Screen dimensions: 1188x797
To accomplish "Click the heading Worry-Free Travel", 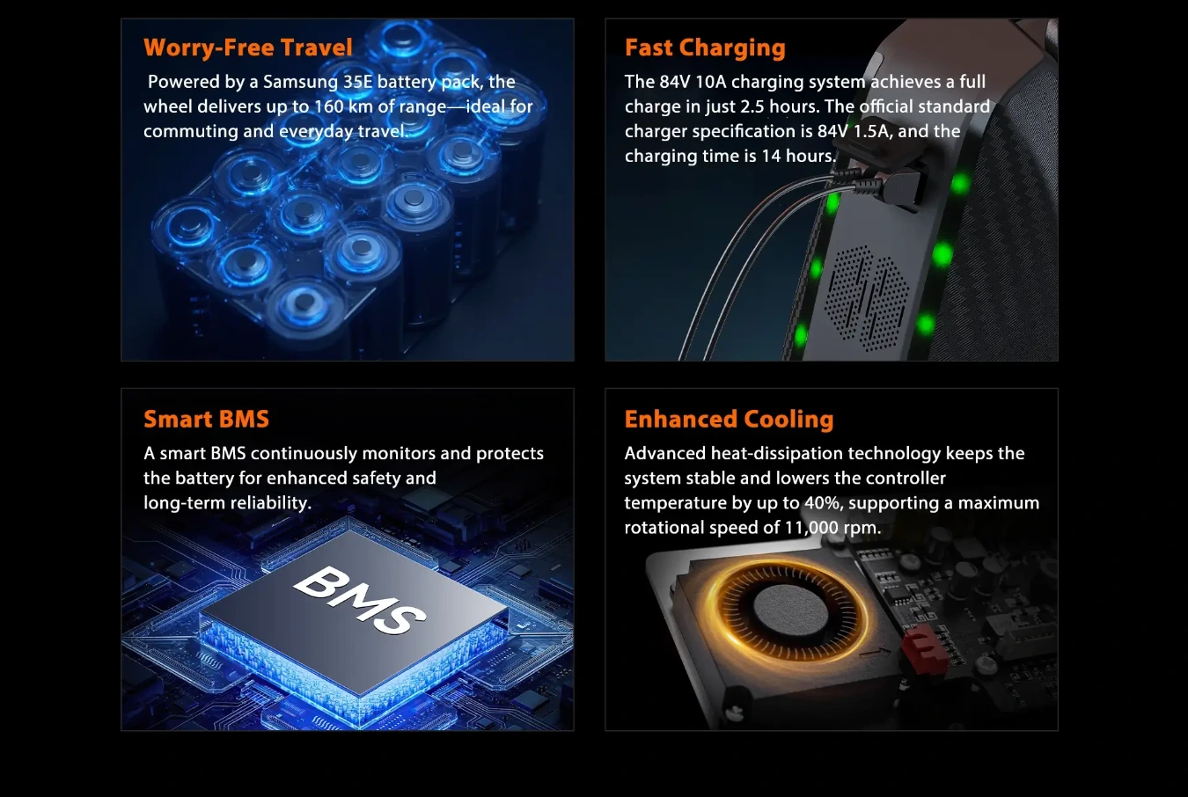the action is click(x=247, y=48).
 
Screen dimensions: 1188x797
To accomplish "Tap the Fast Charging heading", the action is click(x=705, y=48).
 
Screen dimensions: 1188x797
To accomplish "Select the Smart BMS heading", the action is click(x=206, y=419).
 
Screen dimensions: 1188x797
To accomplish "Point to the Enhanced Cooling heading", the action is click(x=729, y=420).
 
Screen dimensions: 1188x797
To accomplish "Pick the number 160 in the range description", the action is click(x=329, y=106).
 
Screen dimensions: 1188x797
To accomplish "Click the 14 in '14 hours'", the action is click(x=771, y=156).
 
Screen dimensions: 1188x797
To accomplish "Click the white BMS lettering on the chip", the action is click(x=360, y=599).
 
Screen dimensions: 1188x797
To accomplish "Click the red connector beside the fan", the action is click(x=924, y=648).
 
